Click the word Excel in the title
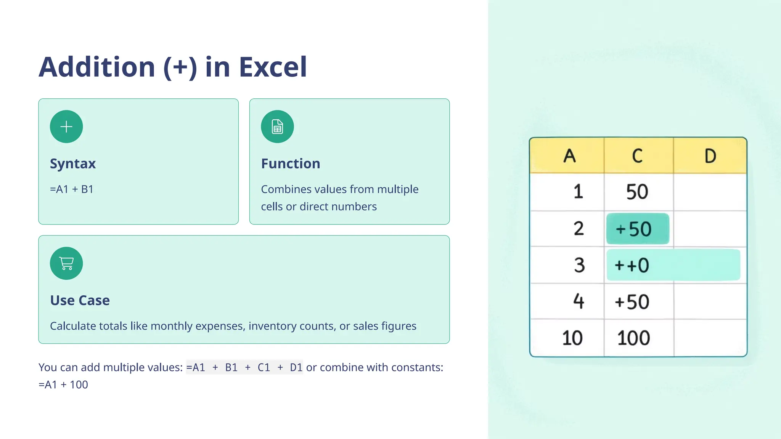[273, 67]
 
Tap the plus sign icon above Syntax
[66, 127]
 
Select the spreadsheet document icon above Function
[277, 127]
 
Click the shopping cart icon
[66, 263]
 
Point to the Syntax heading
[73, 163]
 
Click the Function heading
[291, 163]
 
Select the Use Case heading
[80, 300]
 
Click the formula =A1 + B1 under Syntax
[72, 189]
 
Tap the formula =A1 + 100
[63, 385]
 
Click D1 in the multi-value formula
[296, 367]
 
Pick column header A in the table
[569, 156]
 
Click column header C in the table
[637, 156]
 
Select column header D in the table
[710, 156]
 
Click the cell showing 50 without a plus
[637, 192]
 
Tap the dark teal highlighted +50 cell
[637, 229]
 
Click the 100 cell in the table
[633, 338]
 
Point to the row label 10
[572, 338]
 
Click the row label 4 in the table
[579, 301]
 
